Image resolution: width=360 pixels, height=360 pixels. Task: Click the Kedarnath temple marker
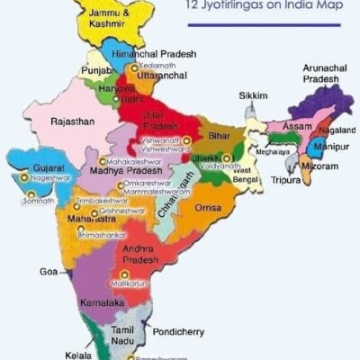tap(135, 67)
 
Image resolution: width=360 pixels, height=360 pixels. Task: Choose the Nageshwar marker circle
tap(23, 178)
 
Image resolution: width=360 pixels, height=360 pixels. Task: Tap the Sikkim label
tap(253, 95)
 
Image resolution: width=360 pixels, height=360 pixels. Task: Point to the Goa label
tap(49, 271)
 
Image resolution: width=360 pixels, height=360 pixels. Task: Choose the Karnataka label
tap(102, 303)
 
